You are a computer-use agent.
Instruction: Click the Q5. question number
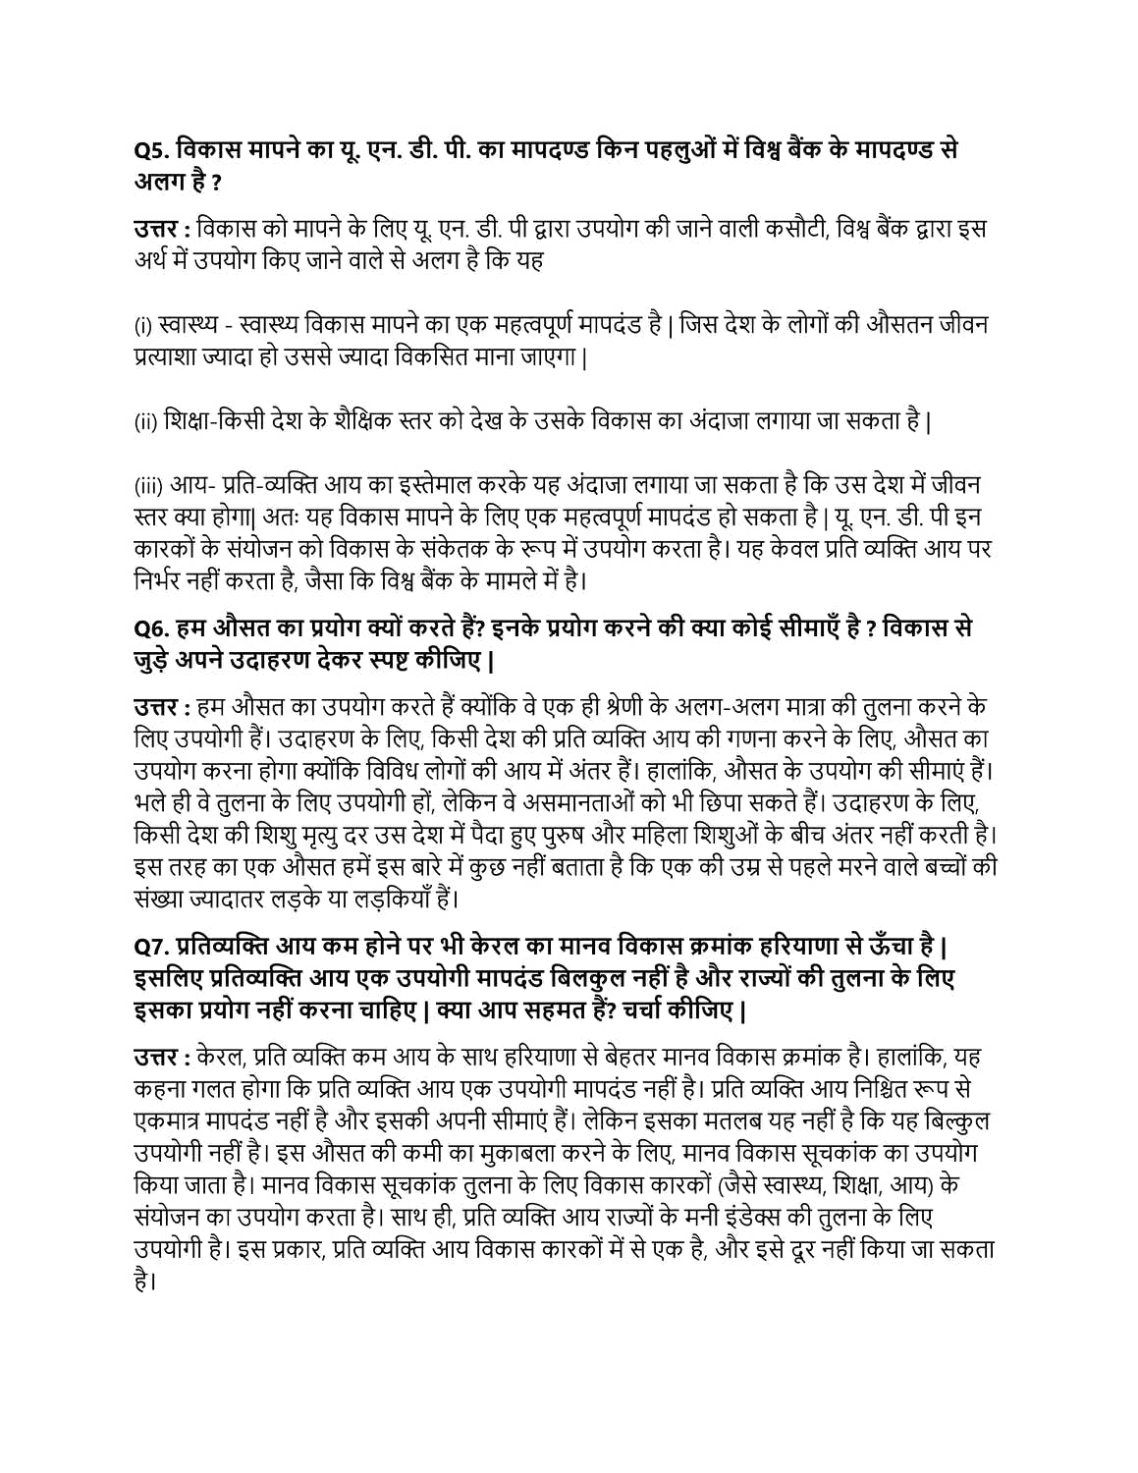point(152,150)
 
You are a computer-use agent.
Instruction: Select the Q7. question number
point(153,949)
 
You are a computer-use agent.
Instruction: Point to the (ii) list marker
point(145,422)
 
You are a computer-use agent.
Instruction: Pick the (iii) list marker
point(148,486)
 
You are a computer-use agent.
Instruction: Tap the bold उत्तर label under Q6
point(156,707)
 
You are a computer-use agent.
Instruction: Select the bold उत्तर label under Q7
point(156,1059)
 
